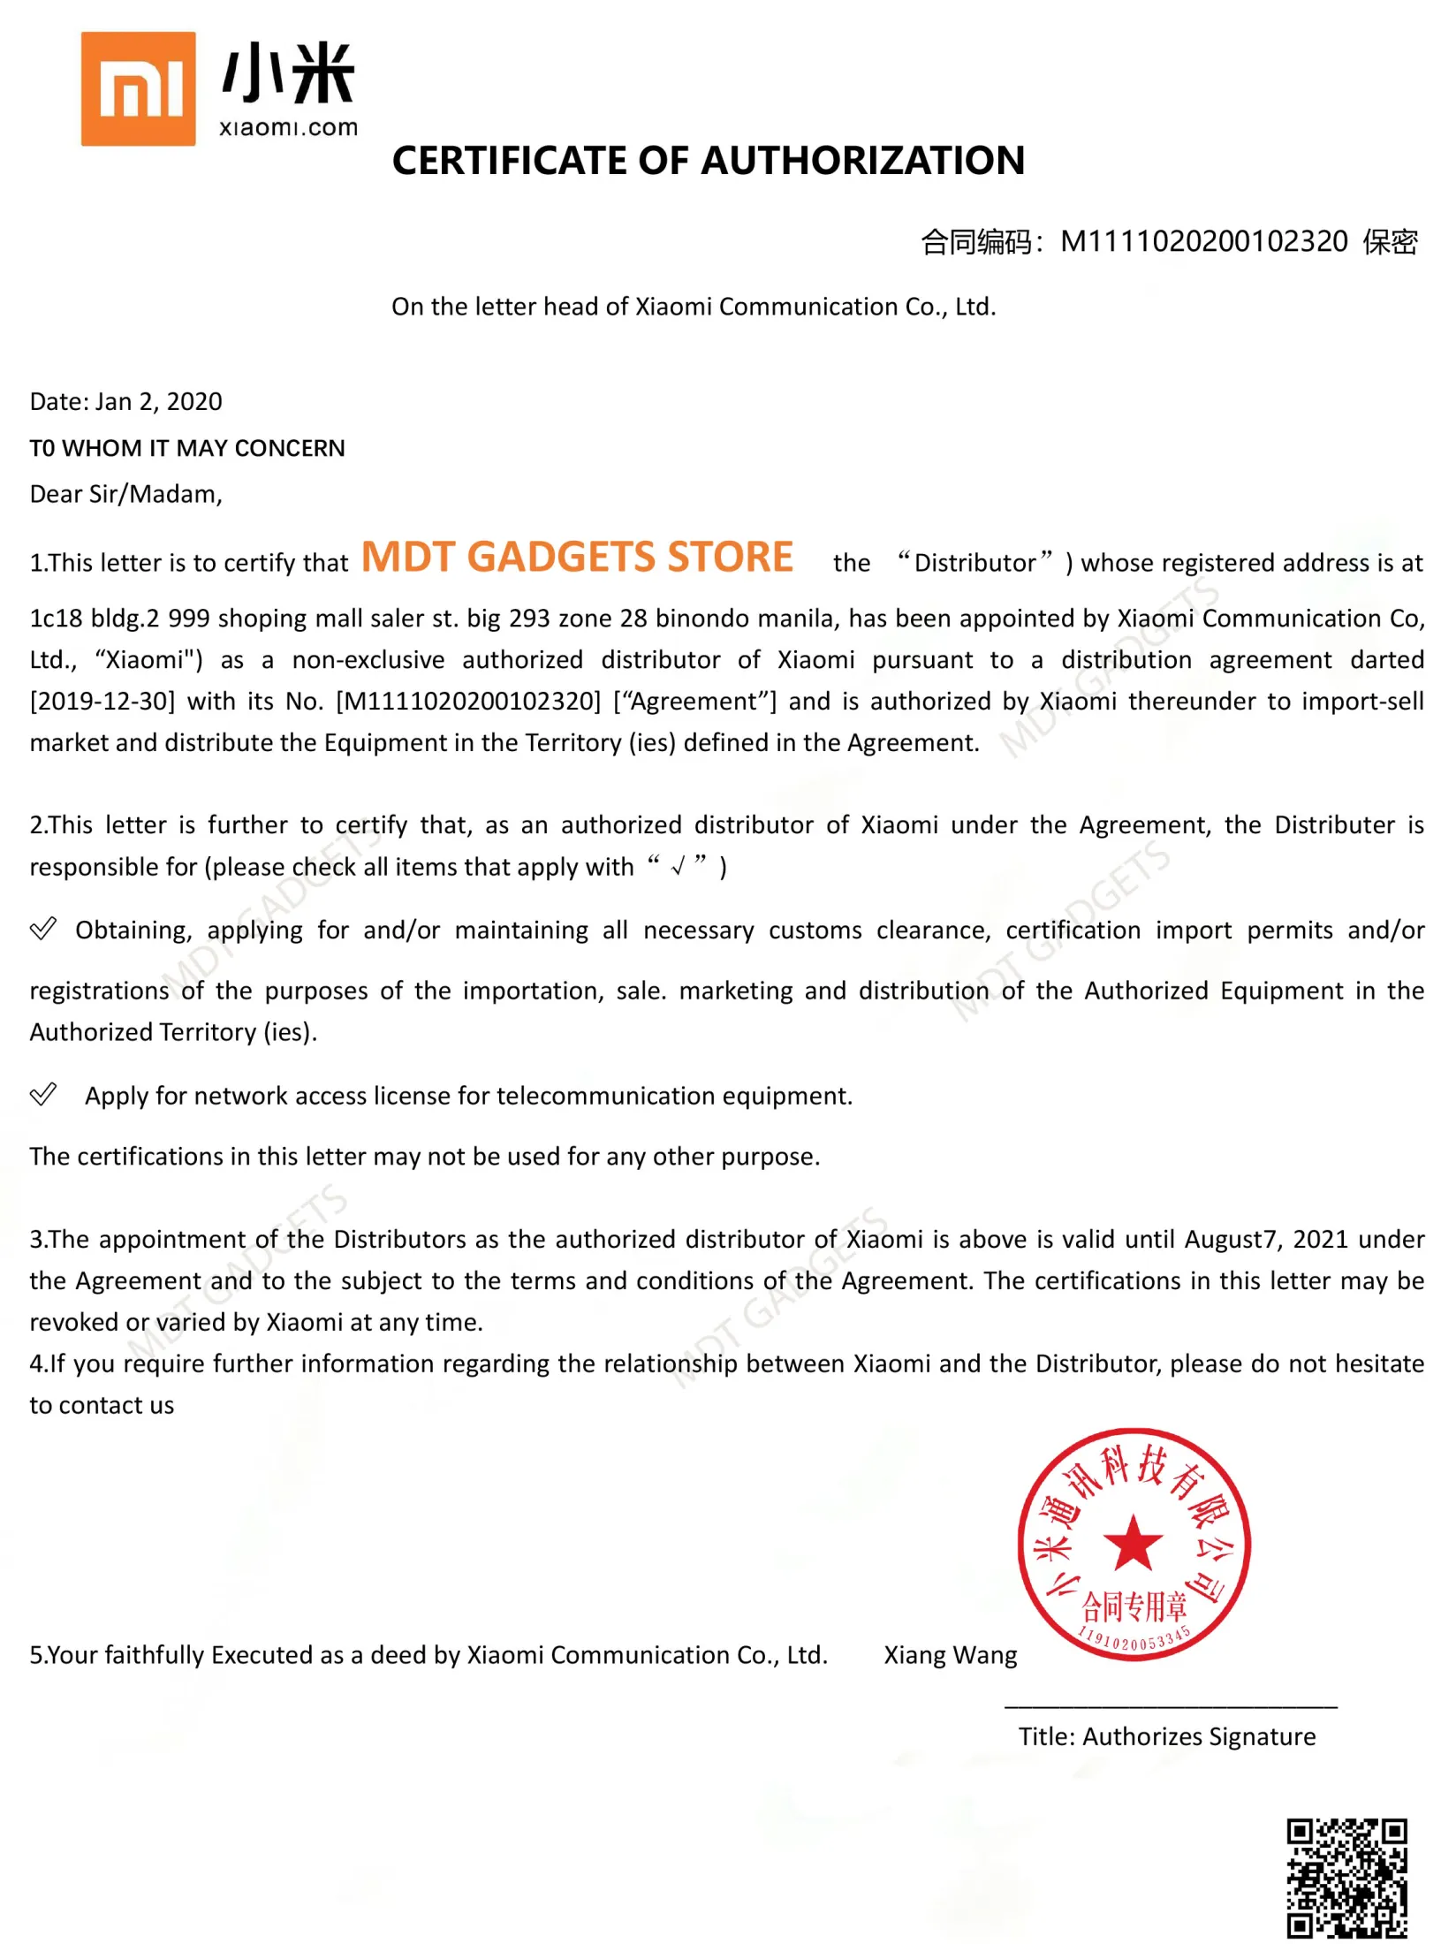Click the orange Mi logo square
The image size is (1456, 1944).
click(x=138, y=88)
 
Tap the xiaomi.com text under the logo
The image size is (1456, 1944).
click(x=288, y=128)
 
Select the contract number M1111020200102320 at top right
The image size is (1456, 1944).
click(x=1203, y=241)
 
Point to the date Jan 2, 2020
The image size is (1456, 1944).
click(x=159, y=402)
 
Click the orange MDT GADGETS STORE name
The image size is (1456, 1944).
click(x=577, y=558)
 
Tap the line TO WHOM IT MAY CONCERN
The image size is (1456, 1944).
click(x=187, y=448)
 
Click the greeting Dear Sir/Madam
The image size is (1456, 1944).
click(x=125, y=494)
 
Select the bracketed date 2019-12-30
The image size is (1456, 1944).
click(x=102, y=702)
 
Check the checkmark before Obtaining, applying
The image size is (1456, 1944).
click(x=43, y=930)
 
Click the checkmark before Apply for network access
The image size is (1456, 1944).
click(x=43, y=1095)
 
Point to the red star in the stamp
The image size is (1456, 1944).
click(x=1134, y=1543)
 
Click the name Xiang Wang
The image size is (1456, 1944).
click(x=951, y=1655)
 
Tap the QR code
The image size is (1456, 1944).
click(x=1346, y=1878)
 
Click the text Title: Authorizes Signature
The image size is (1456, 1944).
click(x=1166, y=1737)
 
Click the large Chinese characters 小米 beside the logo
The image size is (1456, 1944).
click(x=288, y=75)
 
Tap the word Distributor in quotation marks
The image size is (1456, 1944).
click(x=974, y=563)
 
